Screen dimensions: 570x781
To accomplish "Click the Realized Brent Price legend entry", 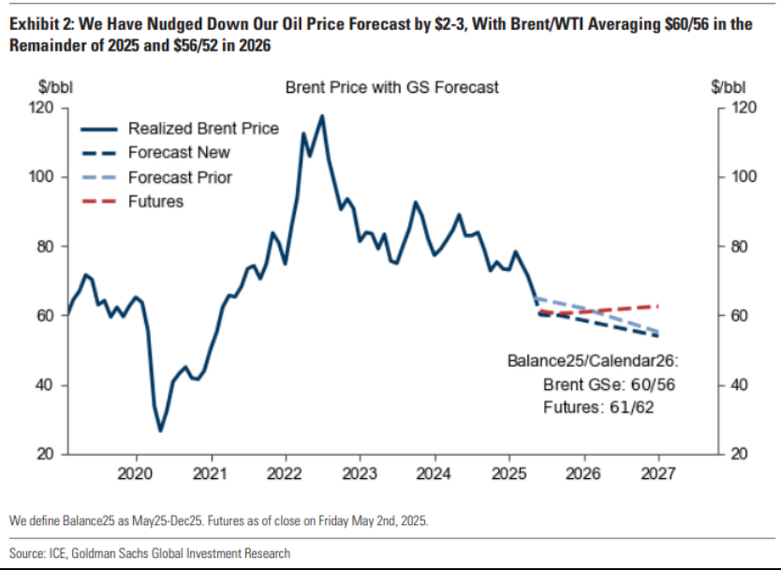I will (203, 128).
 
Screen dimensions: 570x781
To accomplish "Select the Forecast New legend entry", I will (179, 153).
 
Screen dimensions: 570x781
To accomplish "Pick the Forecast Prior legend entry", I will (180, 177).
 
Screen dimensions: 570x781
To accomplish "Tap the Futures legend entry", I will (155, 202).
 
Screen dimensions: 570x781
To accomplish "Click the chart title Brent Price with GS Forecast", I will (391, 87).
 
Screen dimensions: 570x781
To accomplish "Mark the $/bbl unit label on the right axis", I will (728, 87).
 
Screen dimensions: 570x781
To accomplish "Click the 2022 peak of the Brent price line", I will (321, 116).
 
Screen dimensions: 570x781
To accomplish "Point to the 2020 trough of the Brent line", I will (160, 430).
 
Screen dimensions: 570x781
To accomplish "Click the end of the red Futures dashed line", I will (659, 306).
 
